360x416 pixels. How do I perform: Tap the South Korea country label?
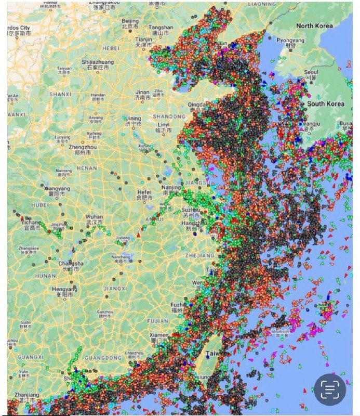tap(326, 104)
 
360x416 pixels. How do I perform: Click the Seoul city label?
tap(312, 72)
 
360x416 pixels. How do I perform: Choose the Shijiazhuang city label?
tap(98, 62)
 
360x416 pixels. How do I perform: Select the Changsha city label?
tap(68, 264)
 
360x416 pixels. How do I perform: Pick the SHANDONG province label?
tap(169, 116)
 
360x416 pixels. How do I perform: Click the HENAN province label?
tap(87, 168)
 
